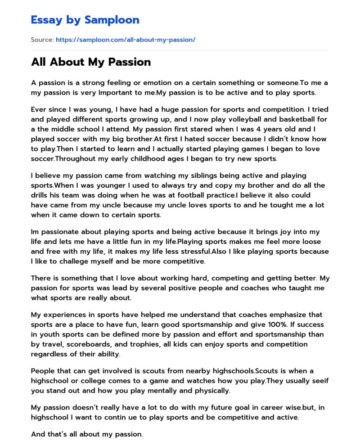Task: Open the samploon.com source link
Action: (x=126, y=40)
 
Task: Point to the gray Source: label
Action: (x=42, y=40)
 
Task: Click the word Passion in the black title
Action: (x=128, y=62)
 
